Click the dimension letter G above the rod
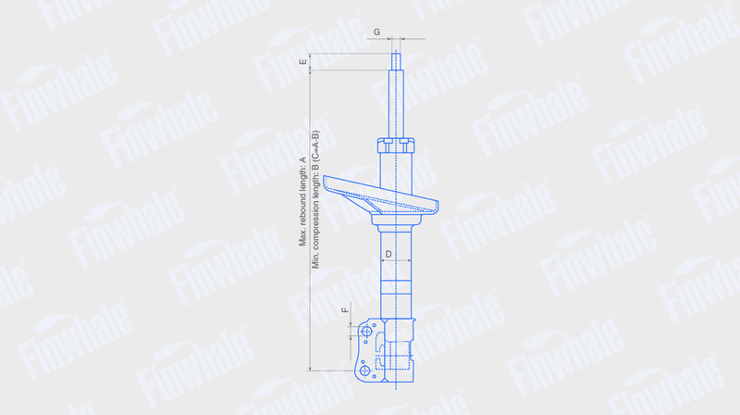376,32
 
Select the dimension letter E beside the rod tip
303,61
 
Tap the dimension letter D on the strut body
388,255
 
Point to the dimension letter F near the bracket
345,310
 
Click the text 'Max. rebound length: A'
302,202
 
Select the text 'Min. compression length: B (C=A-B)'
315,199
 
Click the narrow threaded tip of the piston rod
396,62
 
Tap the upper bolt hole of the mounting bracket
366,332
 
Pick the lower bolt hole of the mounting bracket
364,371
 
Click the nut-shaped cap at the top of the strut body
396,145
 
